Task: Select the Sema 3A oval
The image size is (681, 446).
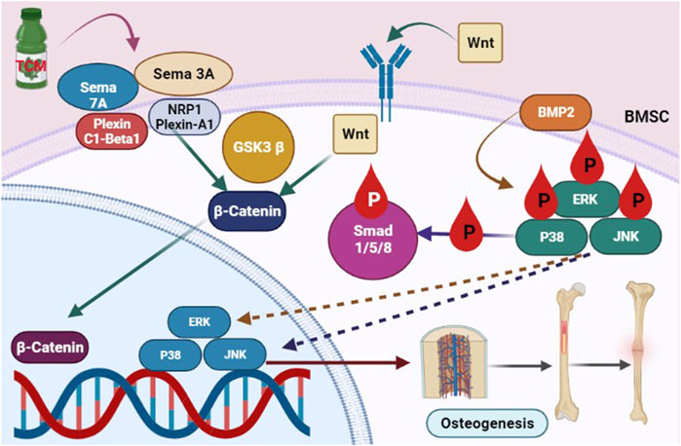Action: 183,74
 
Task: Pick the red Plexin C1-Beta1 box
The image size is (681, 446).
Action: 112,130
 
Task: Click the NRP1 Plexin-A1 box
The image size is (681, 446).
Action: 184,117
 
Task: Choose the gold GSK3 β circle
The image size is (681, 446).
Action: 258,147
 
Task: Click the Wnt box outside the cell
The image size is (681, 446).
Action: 480,43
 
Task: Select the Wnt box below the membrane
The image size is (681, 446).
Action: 356,133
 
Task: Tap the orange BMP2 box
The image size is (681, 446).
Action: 556,113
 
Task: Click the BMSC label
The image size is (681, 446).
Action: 647,117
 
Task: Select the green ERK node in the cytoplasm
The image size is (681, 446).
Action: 585,200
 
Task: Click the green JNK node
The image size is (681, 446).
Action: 625,237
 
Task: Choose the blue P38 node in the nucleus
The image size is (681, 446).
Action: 170,355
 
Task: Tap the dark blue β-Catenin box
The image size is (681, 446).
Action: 246,211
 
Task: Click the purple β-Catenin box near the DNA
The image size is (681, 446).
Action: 50,348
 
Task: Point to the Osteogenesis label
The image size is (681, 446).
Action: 487,423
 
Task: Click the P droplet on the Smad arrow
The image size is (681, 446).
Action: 468,228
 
